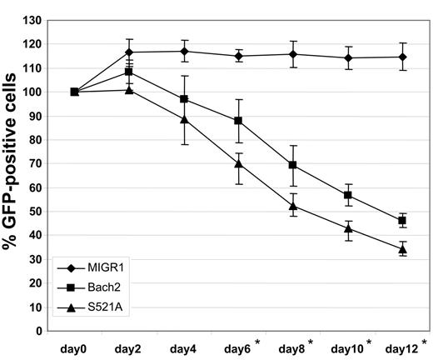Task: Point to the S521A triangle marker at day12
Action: click(402, 249)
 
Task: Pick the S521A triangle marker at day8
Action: click(294, 206)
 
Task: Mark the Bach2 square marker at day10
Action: click(348, 195)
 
